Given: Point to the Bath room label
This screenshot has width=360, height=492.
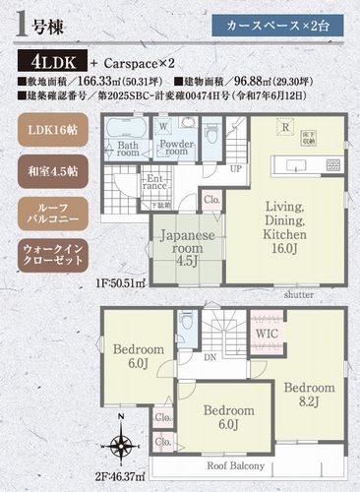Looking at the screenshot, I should pos(128,149).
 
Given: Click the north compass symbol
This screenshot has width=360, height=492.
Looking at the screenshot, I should pos(120,447).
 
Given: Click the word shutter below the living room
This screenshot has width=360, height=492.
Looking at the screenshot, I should pos(299,293).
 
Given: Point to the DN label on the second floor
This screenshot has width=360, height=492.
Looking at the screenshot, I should pos(211,359).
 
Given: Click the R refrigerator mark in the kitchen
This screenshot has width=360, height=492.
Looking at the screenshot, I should pos(283,126).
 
